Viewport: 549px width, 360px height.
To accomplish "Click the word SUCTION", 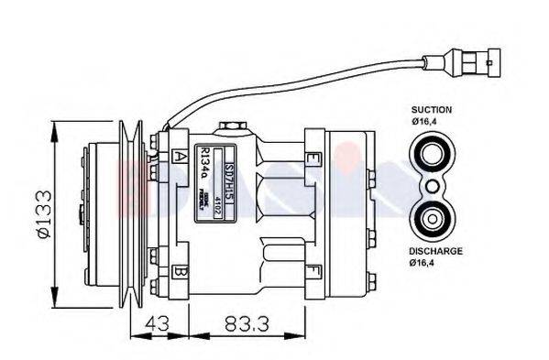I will tap(431, 109).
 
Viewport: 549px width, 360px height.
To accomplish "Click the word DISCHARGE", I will tap(436, 251).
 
